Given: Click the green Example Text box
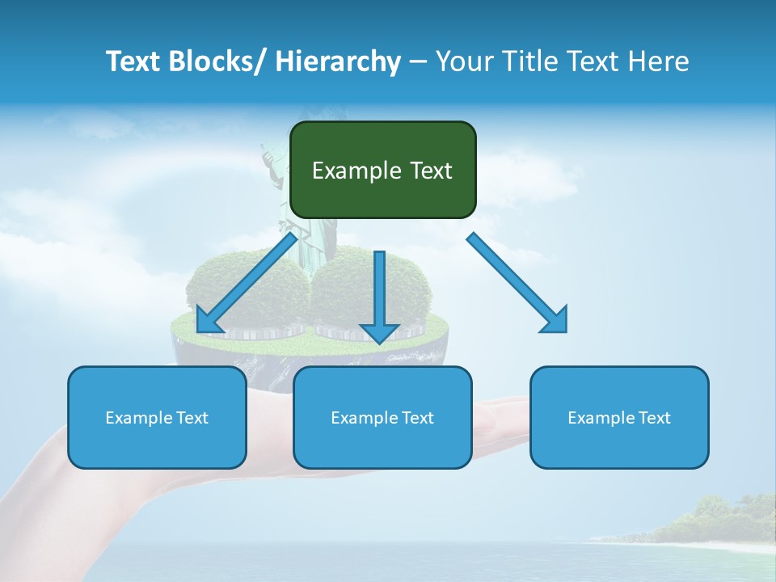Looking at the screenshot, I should pyautogui.click(x=382, y=170).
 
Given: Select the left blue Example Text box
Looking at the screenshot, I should pyautogui.click(x=157, y=417).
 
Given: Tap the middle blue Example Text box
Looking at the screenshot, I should pyautogui.click(x=382, y=417).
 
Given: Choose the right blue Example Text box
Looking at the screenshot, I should pyautogui.click(x=619, y=417).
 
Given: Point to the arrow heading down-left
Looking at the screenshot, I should pyautogui.click(x=246, y=284).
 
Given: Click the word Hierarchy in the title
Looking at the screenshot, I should pyautogui.click(x=338, y=61).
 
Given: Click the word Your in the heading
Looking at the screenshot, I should pyautogui.click(x=465, y=61).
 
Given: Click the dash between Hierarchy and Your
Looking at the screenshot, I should pyautogui.click(x=418, y=61).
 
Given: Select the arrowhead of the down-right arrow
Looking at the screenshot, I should pyautogui.click(x=555, y=321).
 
